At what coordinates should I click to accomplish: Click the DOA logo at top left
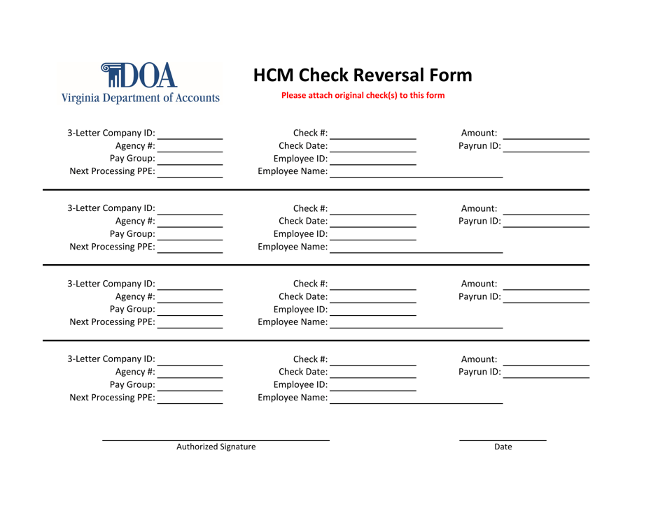click(x=145, y=73)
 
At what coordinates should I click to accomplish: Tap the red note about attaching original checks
click(x=362, y=95)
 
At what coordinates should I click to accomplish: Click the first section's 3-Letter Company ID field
click(x=190, y=135)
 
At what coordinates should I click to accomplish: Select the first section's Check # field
click(x=375, y=135)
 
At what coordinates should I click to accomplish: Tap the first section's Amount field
click(x=546, y=135)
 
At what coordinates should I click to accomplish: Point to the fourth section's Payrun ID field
click(x=546, y=373)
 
